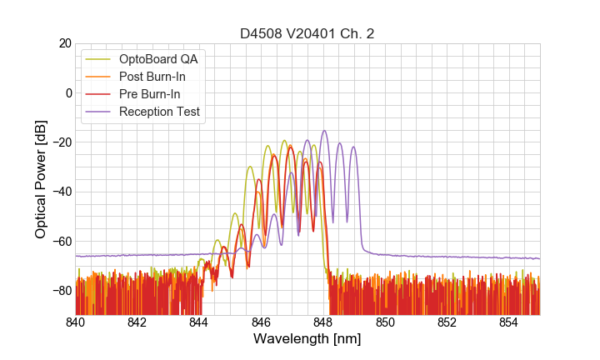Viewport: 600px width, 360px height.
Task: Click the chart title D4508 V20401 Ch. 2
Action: click(x=307, y=33)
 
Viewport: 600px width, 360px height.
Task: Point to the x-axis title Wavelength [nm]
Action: click(x=307, y=340)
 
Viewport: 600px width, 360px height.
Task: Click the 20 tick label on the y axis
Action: click(x=64, y=43)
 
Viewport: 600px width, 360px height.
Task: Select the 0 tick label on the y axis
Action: click(x=67, y=92)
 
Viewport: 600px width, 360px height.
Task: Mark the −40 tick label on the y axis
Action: click(x=61, y=192)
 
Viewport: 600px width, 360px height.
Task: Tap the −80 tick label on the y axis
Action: click(x=61, y=291)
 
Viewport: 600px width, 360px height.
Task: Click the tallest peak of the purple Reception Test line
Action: click(x=324, y=131)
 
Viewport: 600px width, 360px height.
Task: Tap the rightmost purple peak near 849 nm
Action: click(x=353, y=147)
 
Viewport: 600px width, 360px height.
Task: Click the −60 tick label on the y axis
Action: click(x=61, y=242)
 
